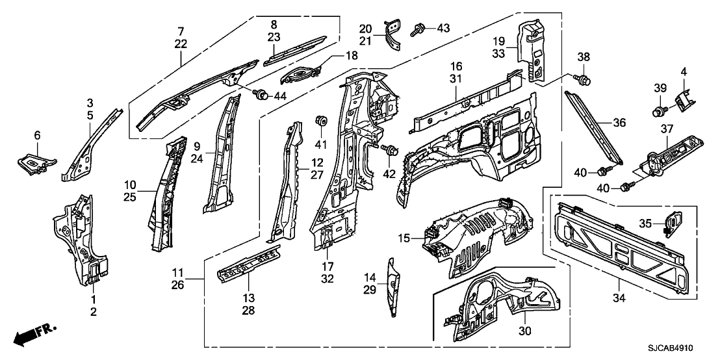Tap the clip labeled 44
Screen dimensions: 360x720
263,96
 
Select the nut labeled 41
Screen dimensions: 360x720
320,120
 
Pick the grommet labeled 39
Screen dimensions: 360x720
658,110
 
